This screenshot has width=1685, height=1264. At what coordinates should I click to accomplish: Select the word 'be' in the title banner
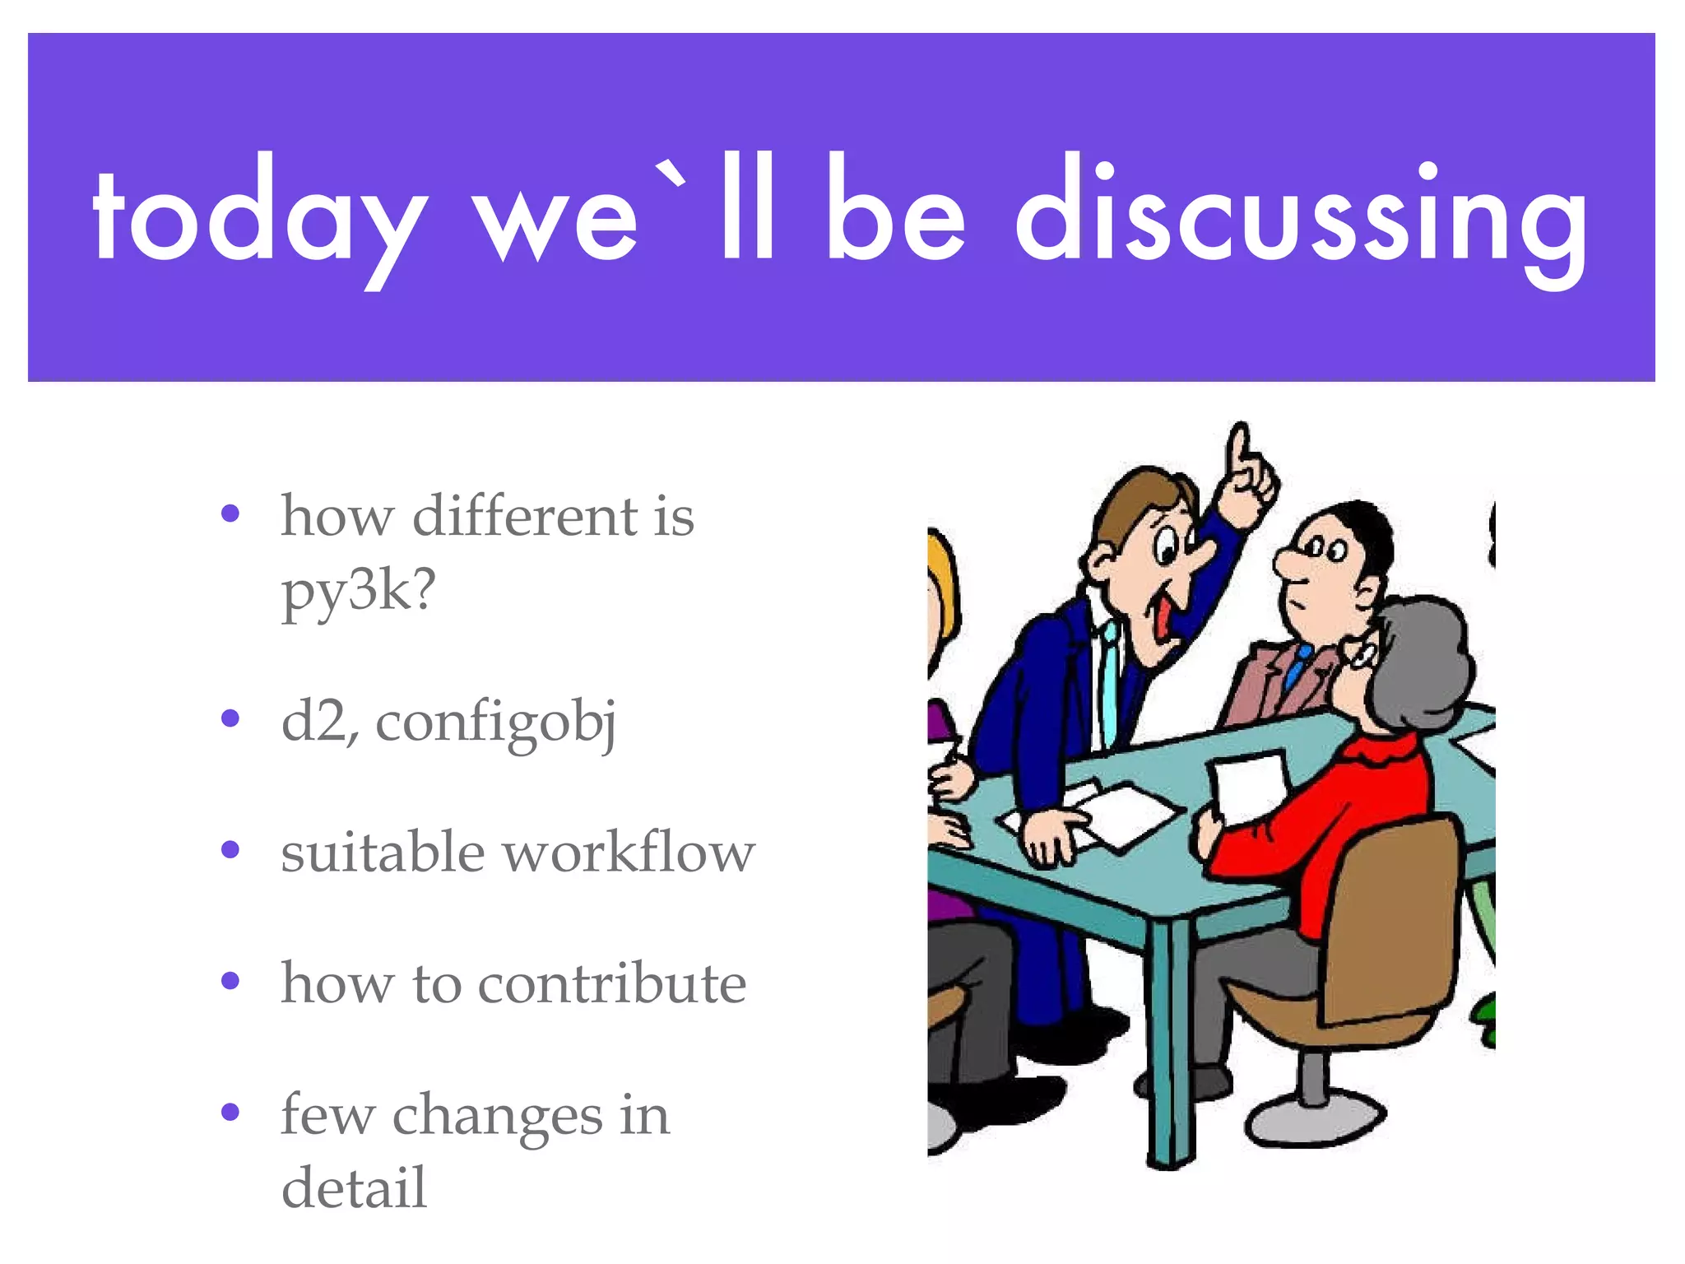click(895, 212)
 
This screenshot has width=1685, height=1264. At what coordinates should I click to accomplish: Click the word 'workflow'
click(629, 852)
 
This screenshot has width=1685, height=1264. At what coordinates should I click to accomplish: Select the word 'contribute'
click(611, 983)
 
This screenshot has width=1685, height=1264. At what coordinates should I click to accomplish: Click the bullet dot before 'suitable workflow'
click(230, 849)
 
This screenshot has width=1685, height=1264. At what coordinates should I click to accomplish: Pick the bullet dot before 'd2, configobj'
click(230, 718)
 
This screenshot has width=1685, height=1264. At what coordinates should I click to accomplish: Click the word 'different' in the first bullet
click(525, 517)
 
